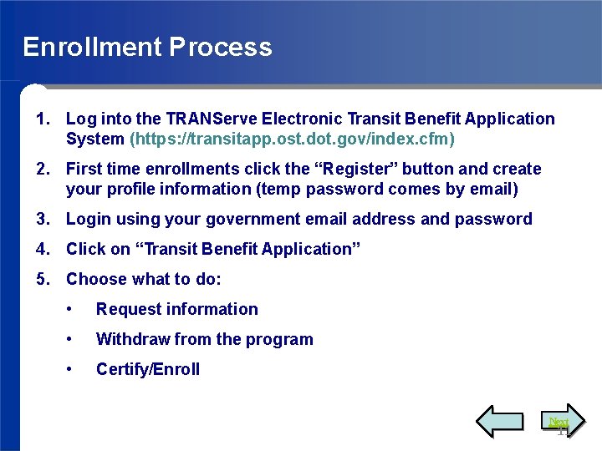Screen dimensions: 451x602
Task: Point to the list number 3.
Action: click(42, 219)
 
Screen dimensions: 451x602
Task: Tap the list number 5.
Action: click(42, 279)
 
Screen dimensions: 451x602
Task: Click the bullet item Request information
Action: click(176, 309)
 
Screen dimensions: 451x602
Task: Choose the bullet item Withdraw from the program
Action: click(204, 339)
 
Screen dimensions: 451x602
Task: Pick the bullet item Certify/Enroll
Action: click(147, 369)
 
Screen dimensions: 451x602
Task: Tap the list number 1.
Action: click(42, 119)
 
